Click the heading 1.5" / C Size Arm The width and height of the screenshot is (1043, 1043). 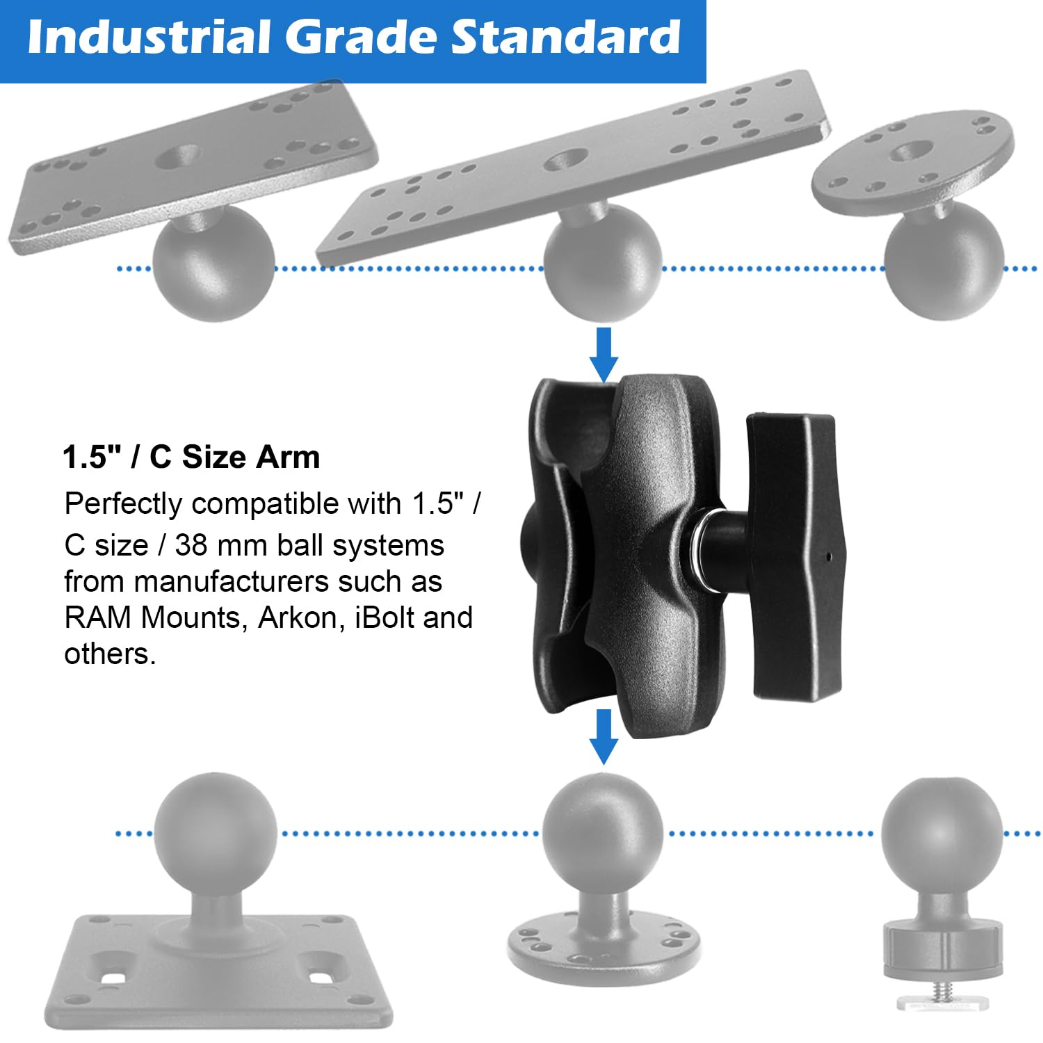tap(191, 458)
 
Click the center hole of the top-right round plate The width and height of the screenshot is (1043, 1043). tap(912, 150)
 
